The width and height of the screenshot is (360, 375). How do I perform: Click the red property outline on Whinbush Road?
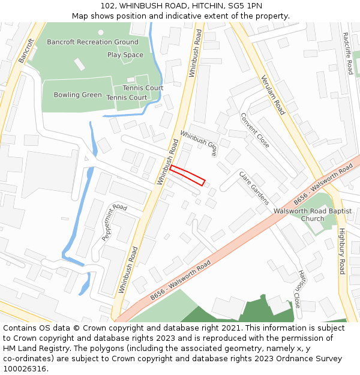pyautogui.click(x=187, y=175)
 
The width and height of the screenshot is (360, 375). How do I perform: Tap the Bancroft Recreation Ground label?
pyautogui.click(x=92, y=42)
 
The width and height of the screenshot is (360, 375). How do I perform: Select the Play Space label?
pyautogui.click(x=125, y=55)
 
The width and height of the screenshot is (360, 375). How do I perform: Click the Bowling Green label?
pyautogui.click(x=77, y=95)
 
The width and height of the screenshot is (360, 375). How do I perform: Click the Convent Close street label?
pyautogui.click(x=255, y=130)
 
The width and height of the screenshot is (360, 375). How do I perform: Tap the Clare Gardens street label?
pyautogui.click(x=254, y=188)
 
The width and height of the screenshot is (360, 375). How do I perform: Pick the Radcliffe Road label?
pyautogui.click(x=349, y=53)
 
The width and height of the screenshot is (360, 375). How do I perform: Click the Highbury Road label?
pyautogui.click(x=341, y=251)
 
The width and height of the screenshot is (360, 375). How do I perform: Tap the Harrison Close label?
pyautogui.click(x=297, y=289)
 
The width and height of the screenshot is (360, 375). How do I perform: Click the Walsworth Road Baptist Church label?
pyautogui.click(x=313, y=215)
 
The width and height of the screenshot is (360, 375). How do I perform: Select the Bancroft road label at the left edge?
pyautogui.click(x=26, y=50)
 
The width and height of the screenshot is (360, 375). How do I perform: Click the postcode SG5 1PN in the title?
pyautogui.click(x=246, y=5)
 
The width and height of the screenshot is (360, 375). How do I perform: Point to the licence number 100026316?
pyautogui.click(x=25, y=368)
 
